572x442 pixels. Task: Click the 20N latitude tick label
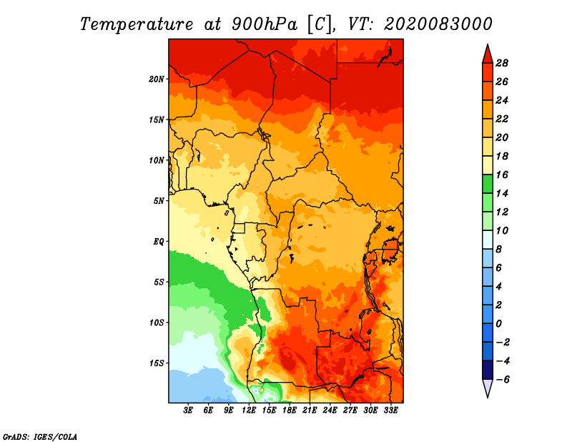tap(157, 79)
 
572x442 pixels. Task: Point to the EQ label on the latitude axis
tap(158, 242)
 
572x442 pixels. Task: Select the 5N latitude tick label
tap(159, 201)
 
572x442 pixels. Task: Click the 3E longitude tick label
tap(188, 411)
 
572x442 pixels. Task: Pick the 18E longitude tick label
tap(290, 411)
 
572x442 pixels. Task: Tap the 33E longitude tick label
tap(390, 411)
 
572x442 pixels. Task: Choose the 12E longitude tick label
tap(249, 411)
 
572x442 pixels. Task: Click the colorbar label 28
tap(502, 63)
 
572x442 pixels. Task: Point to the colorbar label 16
tap(502, 175)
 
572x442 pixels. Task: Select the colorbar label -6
tap(501, 380)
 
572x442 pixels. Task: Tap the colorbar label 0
tap(498, 324)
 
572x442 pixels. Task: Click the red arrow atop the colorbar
tap(488, 54)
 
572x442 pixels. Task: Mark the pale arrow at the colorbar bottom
tap(488, 388)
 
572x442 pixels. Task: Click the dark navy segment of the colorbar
tap(488, 370)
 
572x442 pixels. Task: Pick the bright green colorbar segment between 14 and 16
tap(488, 185)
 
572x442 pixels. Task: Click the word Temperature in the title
tap(137, 24)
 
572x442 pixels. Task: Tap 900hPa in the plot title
tap(265, 24)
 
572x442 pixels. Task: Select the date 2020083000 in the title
tap(438, 24)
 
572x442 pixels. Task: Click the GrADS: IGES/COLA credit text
tap(40, 436)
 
